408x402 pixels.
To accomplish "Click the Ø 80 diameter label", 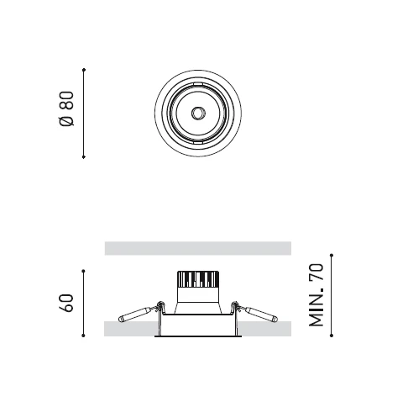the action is [x=67, y=108].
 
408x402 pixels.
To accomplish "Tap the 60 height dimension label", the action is [x=67, y=303].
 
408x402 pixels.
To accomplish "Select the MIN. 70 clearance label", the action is [x=316, y=295].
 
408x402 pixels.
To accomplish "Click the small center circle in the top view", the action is [x=198, y=114].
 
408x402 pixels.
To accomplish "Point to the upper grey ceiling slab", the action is [x=198, y=248].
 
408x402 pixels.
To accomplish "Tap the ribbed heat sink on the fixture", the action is [x=198, y=279].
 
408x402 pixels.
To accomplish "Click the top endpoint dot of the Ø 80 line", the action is [x=84, y=70].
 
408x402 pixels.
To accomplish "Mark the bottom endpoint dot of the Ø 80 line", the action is [x=84, y=157].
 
